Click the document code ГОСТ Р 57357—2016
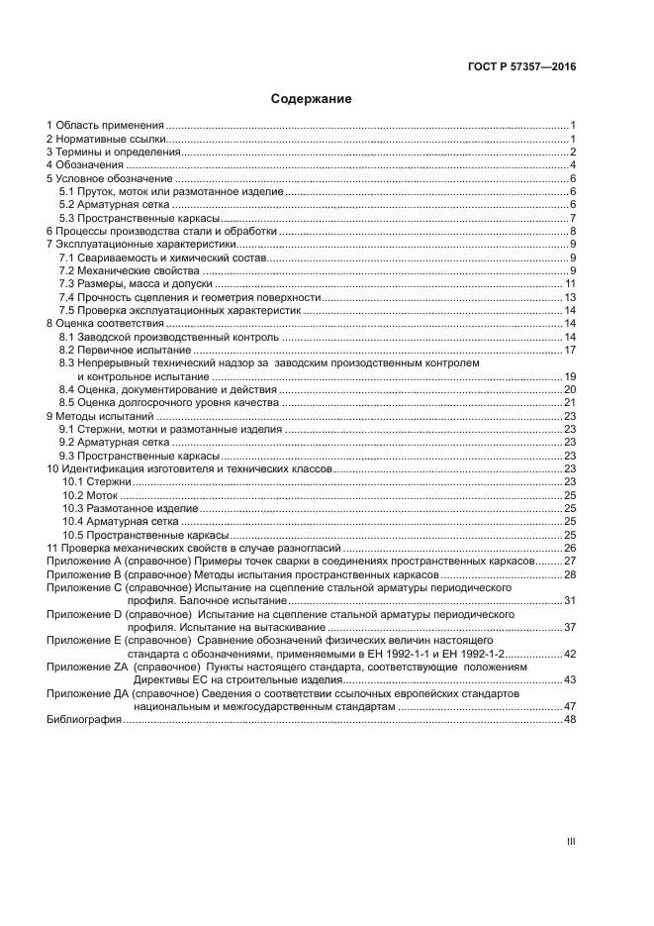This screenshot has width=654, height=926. point(521,67)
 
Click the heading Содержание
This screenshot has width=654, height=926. point(311,99)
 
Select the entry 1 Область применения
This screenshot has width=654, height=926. point(105,126)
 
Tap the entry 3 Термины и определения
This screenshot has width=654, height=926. point(113,153)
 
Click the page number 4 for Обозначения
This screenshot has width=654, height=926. point(573,165)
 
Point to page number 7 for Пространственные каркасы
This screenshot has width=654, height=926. point(573,218)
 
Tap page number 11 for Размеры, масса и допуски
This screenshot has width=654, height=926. point(570,284)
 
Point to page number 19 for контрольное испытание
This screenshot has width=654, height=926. point(570,377)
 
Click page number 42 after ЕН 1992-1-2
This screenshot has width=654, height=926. point(570,654)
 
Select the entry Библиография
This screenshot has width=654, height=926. point(83,720)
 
